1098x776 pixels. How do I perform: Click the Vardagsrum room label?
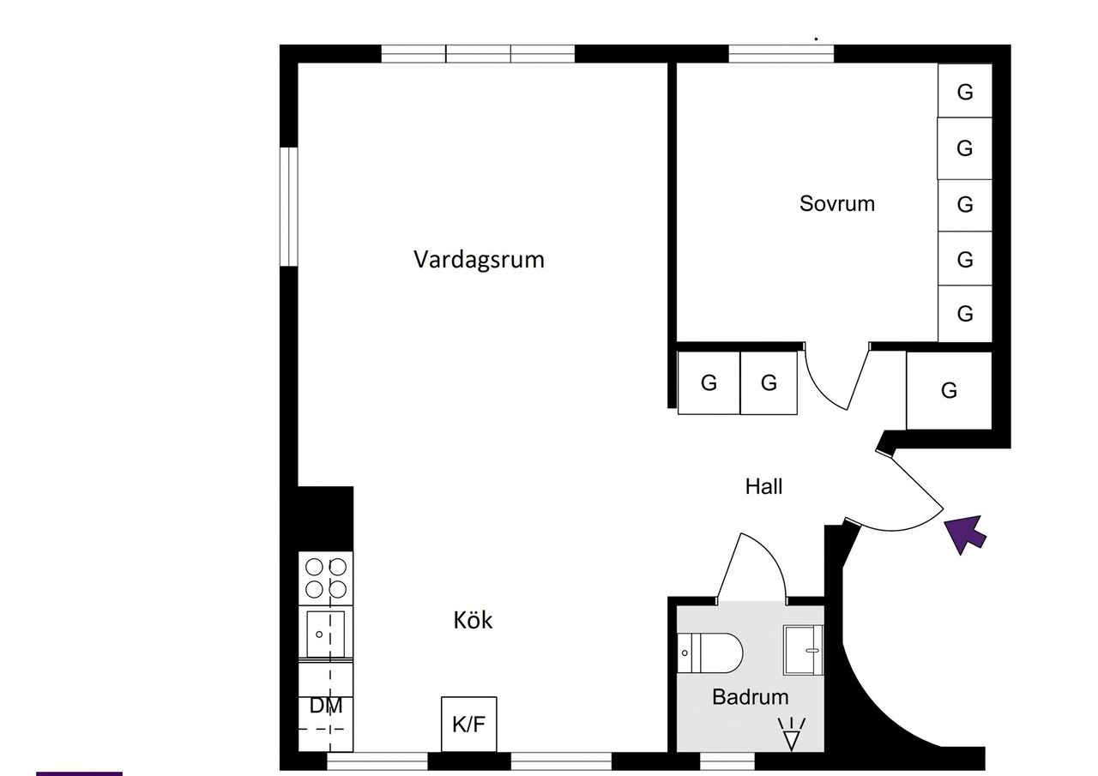[479, 259]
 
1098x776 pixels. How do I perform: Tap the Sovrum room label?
[836, 203]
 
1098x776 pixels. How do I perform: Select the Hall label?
[763, 486]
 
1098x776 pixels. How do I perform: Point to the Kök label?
[473, 620]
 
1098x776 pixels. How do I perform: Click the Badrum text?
[750, 697]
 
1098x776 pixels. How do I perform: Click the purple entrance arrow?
[967, 533]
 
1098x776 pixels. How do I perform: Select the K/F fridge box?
[468, 724]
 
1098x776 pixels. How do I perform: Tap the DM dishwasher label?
[326, 707]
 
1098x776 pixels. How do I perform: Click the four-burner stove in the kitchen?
[326, 578]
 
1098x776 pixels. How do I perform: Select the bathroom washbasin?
[803, 650]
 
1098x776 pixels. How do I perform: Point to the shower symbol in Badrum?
[791, 734]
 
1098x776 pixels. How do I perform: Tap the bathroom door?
[751, 566]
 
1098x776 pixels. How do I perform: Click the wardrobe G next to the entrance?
[949, 390]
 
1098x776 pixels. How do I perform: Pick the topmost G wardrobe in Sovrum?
[965, 91]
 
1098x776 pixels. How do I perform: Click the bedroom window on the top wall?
[781, 54]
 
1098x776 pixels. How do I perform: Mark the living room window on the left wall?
[289, 207]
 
